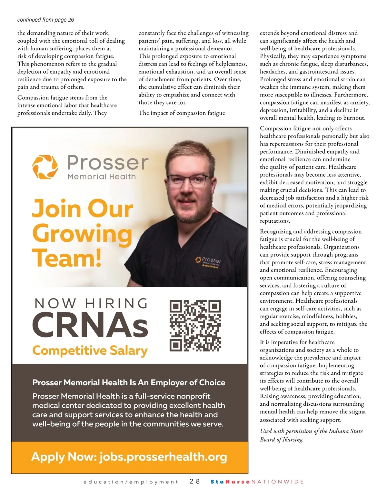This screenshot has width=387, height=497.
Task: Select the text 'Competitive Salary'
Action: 90,350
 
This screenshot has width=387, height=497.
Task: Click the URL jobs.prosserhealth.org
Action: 163,457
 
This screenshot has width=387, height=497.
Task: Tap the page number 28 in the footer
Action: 195,482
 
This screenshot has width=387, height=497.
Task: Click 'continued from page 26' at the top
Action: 45,20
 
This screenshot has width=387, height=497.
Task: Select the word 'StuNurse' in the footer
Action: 230,482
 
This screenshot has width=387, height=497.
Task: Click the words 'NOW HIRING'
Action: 91,303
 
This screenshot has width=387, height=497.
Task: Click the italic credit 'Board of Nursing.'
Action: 282,439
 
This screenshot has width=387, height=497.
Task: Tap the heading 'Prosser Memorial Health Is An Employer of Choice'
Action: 129,382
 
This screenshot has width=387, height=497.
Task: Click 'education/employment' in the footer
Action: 131,482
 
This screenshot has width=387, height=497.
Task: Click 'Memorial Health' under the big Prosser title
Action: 102,177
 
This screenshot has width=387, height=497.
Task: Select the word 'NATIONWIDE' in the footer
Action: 278,482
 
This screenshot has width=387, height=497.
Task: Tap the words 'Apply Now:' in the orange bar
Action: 64,457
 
